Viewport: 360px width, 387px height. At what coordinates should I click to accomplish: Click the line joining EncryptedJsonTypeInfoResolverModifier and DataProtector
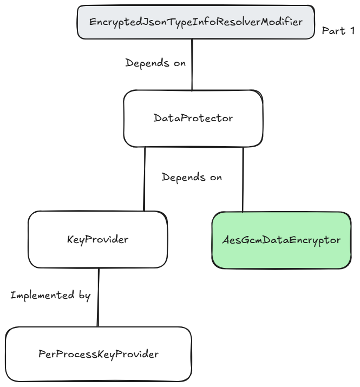(x=192, y=65)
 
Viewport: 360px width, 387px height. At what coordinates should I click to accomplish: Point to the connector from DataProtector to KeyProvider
(x=145, y=179)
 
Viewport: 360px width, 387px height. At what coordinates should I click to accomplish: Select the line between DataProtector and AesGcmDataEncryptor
(x=243, y=179)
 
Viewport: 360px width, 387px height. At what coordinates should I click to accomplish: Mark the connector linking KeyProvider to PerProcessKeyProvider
(x=98, y=298)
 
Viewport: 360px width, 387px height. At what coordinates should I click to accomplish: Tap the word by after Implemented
(x=84, y=296)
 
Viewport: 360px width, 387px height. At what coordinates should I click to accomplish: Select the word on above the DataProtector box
(x=179, y=63)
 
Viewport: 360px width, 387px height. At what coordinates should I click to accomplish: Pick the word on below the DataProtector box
(x=215, y=177)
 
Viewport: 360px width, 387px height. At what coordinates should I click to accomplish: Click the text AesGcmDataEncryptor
(x=282, y=239)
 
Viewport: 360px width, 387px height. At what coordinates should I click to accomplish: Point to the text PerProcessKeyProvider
(x=99, y=355)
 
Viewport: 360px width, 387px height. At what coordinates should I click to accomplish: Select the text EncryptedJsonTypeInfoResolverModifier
(x=195, y=22)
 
